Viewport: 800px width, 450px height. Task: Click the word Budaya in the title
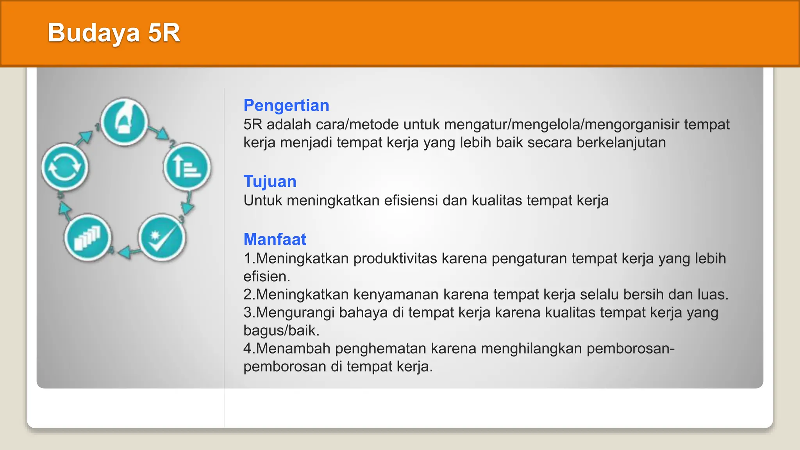[x=94, y=33]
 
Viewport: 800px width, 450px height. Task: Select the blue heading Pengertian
[x=286, y=105]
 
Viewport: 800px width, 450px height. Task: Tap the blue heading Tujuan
[x=270, y=182]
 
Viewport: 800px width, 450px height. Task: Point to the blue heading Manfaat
[x=275, y=239]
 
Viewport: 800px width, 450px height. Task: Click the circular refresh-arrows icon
[x=65, y=167]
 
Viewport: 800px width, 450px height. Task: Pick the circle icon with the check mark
[x=162, y=238]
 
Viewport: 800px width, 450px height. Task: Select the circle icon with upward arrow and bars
[x=187, y=167]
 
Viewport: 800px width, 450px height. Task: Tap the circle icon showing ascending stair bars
[x=88, y=238]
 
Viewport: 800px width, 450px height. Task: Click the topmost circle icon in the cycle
[x=124, y=122]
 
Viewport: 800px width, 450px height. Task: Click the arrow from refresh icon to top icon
[x=84, y=137]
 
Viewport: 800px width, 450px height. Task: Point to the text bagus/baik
[x=281, y=330]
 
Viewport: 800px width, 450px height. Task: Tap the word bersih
[x=643, y=295]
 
